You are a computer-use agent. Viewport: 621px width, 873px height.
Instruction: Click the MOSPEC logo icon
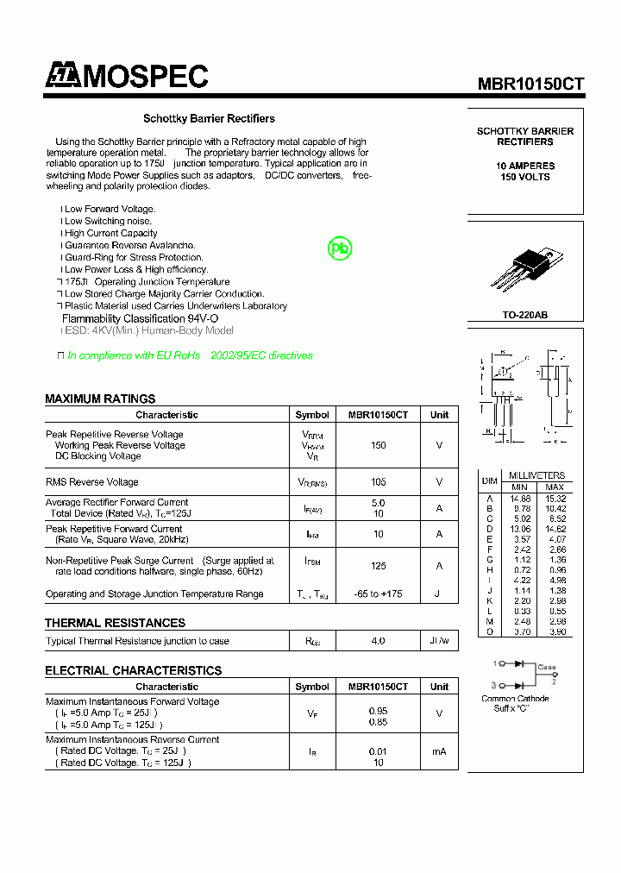coord(62,76)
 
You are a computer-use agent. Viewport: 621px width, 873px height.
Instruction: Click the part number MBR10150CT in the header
coord(531,84)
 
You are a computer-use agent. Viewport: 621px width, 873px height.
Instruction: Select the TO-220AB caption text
coord(524,315)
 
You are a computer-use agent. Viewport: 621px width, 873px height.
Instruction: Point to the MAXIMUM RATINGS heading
coord(100,399)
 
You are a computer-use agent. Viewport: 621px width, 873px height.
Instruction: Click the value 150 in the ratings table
coord(378,445)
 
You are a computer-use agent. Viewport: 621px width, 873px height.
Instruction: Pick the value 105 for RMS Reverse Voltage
coord(378,482)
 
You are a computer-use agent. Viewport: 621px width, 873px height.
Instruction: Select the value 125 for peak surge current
coord(378,566)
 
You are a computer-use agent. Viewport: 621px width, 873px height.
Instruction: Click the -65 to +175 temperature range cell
coord(378,594)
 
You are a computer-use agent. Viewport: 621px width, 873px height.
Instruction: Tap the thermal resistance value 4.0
coord(378,641)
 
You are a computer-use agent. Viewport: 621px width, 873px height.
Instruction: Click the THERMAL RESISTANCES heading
coord(115,623)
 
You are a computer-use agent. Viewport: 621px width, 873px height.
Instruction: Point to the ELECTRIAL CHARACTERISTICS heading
coord(133,670)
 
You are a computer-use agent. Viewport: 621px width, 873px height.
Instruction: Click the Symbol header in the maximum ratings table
coord(311,415)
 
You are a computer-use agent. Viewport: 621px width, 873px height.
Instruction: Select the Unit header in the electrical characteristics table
coord(439,687)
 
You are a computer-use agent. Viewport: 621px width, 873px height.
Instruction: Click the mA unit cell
coord(439,751)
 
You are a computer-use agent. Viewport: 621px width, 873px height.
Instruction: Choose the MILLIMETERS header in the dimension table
coord(536,475)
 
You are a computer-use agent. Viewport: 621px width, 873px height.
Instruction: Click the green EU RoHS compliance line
coord(190,355)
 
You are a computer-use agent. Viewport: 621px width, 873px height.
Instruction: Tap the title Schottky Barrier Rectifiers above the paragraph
coord(209,118)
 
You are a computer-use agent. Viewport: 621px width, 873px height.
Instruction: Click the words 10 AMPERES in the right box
coord(525,166)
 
